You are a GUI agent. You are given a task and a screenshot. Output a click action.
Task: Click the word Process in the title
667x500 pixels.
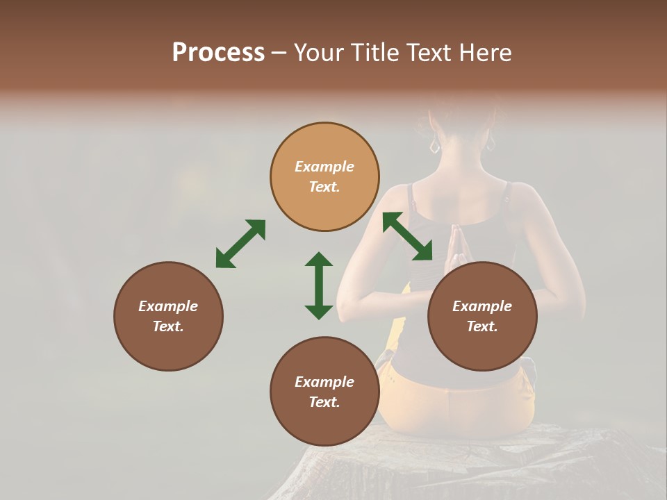pos(218,52)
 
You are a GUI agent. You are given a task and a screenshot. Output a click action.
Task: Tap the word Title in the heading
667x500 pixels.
pos(376,52)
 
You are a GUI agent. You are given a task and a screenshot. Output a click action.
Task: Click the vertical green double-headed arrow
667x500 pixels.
pos(319,285)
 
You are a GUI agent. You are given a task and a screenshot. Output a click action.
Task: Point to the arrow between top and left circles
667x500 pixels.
pos(240,243)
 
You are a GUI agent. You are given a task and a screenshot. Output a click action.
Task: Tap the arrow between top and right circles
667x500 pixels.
pos(407,236)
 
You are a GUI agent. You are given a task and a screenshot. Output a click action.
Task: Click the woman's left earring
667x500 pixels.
pos(435,146)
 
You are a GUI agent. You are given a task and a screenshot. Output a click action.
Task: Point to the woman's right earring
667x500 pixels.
pos(491,144)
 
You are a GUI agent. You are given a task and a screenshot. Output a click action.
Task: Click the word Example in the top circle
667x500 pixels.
pos(324,167)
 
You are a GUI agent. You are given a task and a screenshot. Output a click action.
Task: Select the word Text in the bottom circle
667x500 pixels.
pos(323,402)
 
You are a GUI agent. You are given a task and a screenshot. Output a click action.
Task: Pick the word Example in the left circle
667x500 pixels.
pos(168,306)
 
